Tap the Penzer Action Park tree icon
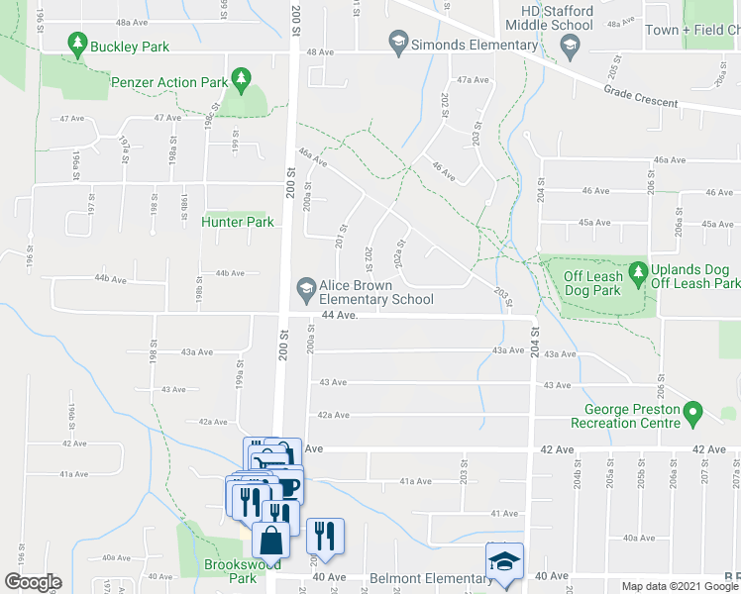click(239, 78)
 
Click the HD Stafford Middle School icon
click(570, 45)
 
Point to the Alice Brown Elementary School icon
click(306, 289)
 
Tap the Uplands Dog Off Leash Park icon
click(637, 271)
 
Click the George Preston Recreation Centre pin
click(693, 411)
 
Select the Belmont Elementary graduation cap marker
click(502, 562)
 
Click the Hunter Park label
click(238, 222)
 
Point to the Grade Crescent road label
click(641, 96)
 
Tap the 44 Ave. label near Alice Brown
click(338, 315)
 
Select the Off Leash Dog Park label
click(593, 283)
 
